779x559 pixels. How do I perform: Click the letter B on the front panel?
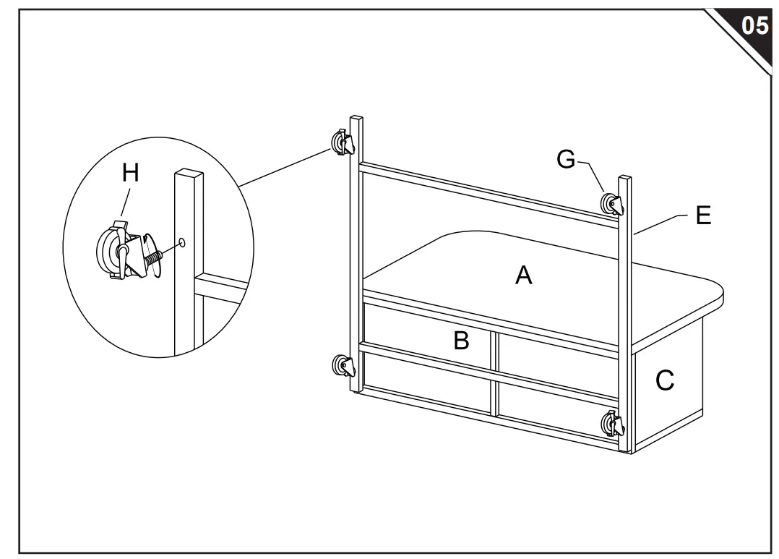click(x=461, y=340)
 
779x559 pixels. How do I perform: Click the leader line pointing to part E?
click(x=658, y=223)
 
